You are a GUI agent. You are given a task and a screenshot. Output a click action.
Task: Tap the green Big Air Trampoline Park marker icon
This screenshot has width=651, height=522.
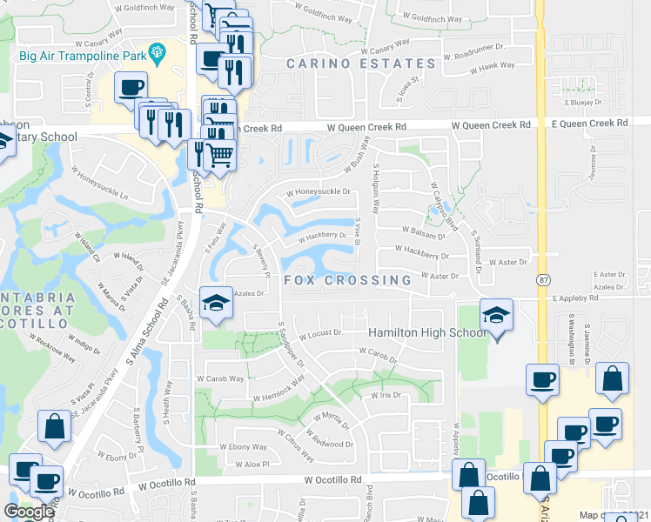point(157,53)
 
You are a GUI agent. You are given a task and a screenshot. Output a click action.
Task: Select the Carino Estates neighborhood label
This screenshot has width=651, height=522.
point(361,64)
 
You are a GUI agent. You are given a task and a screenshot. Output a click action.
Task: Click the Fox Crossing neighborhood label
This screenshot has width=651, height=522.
point(347,280)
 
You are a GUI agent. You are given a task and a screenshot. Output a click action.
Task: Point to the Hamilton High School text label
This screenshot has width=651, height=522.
point(426,333)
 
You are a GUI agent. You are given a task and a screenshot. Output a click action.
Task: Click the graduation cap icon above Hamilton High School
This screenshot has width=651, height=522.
point(497,314)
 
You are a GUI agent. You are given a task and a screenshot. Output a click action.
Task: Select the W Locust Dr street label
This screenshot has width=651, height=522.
point(321,333)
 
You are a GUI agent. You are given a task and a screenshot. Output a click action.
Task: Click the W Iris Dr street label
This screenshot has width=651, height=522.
point(385,395)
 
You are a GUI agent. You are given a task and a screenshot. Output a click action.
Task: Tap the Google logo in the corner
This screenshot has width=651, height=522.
point(28,512)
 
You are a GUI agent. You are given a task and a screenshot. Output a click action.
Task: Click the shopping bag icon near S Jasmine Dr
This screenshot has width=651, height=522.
point(613,378)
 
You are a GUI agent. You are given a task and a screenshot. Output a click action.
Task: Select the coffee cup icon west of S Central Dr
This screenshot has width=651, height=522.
point(131,87)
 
